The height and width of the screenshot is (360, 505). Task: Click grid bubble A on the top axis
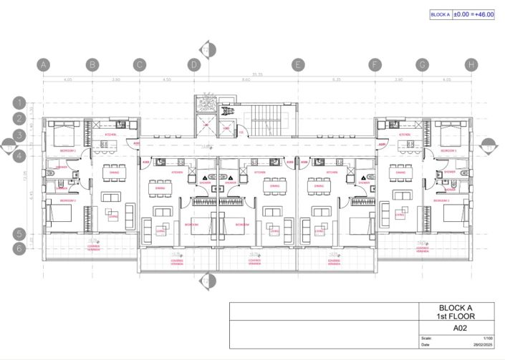[44, 64]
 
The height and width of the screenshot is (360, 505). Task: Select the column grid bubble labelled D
[194, 64]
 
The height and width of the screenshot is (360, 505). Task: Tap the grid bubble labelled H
[471, 64]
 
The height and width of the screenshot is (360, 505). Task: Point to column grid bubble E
[298, 64]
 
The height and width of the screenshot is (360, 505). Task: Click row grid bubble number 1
[20, 103]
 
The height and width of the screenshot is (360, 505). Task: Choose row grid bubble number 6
[20, 248]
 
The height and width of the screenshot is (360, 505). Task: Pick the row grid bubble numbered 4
[20, 155]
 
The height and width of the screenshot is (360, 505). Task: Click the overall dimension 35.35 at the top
[256, 74]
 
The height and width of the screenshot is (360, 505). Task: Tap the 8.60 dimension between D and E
[246, 80]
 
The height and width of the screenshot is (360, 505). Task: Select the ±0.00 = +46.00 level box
[473, 14]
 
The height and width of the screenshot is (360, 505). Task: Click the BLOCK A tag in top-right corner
[441, 14]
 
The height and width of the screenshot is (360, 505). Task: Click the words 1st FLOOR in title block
[455, 316]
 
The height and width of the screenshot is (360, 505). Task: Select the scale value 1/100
[488, 338]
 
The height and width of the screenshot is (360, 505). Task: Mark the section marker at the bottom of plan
[207, 282]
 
